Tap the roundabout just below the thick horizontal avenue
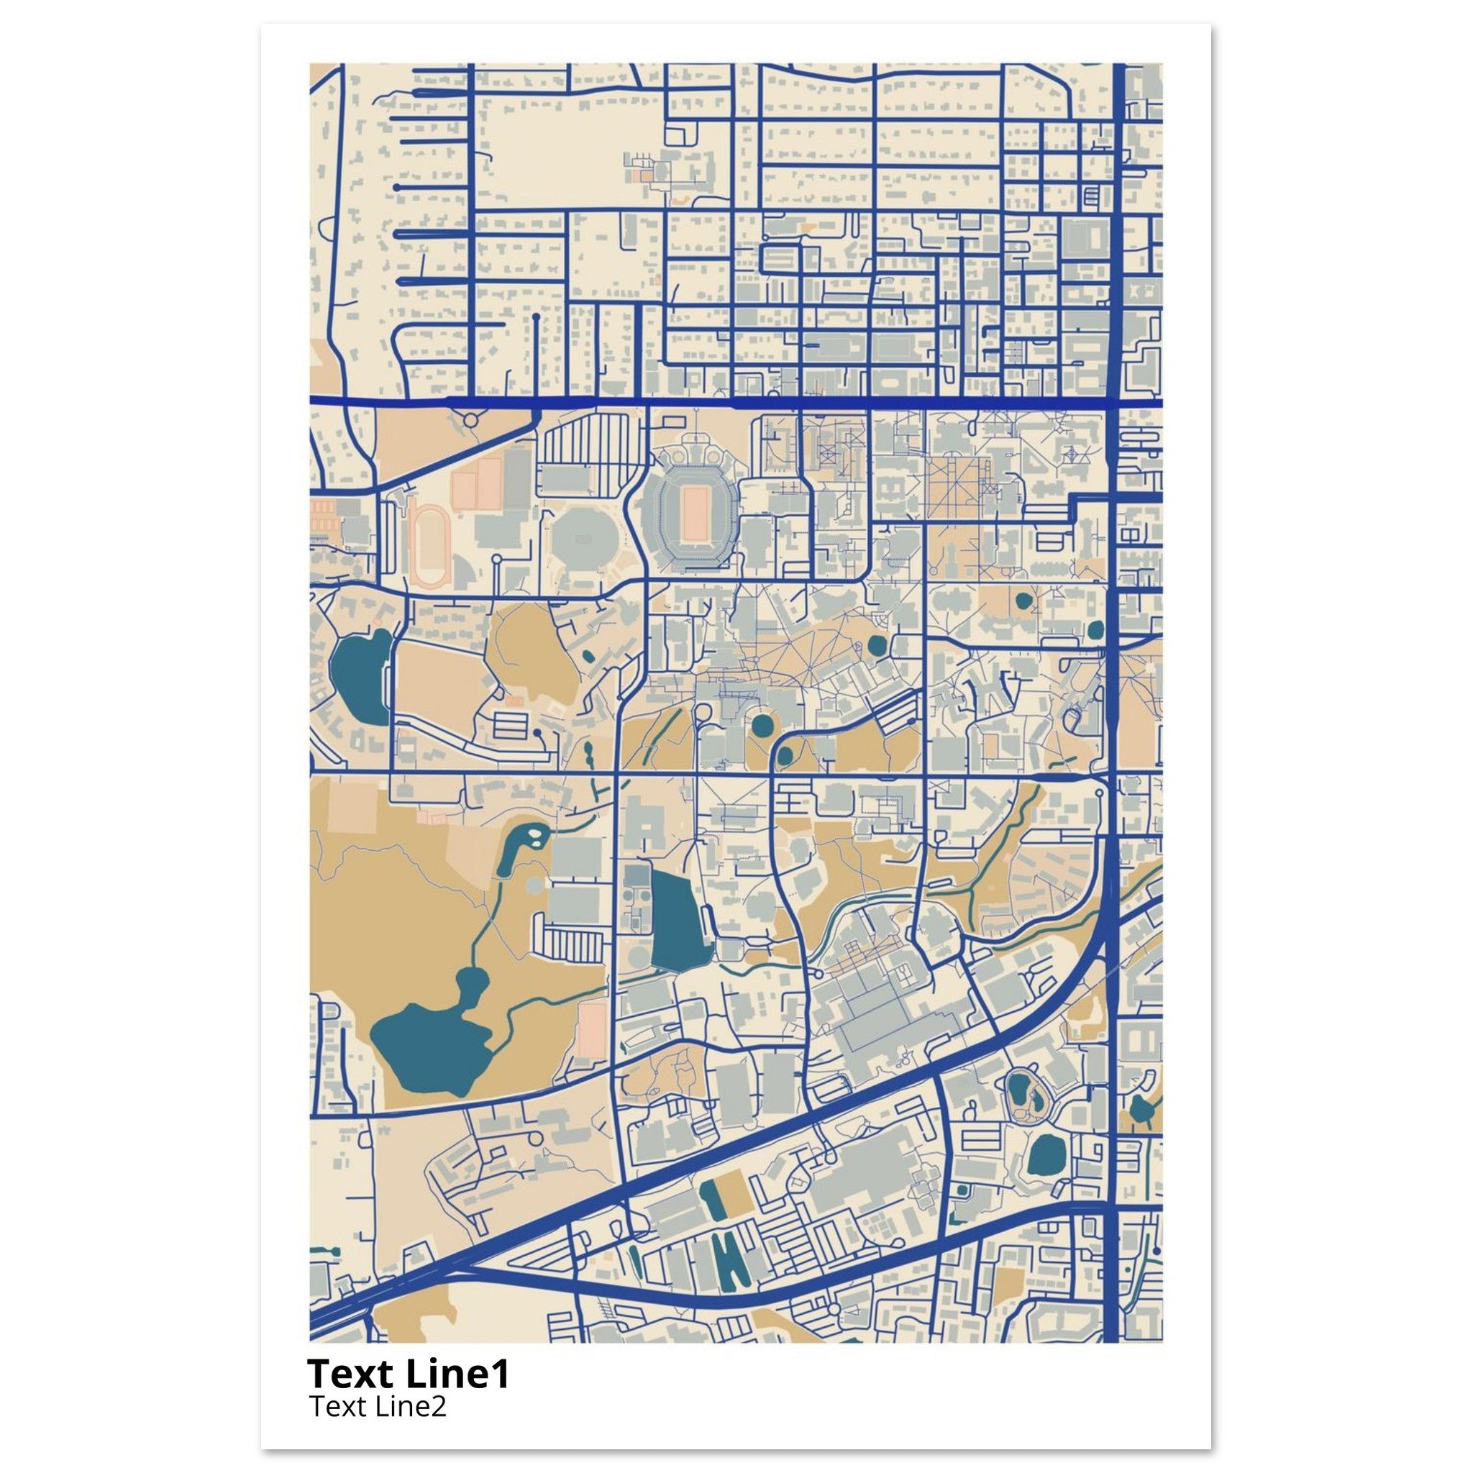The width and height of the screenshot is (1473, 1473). [x=470, y=419]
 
